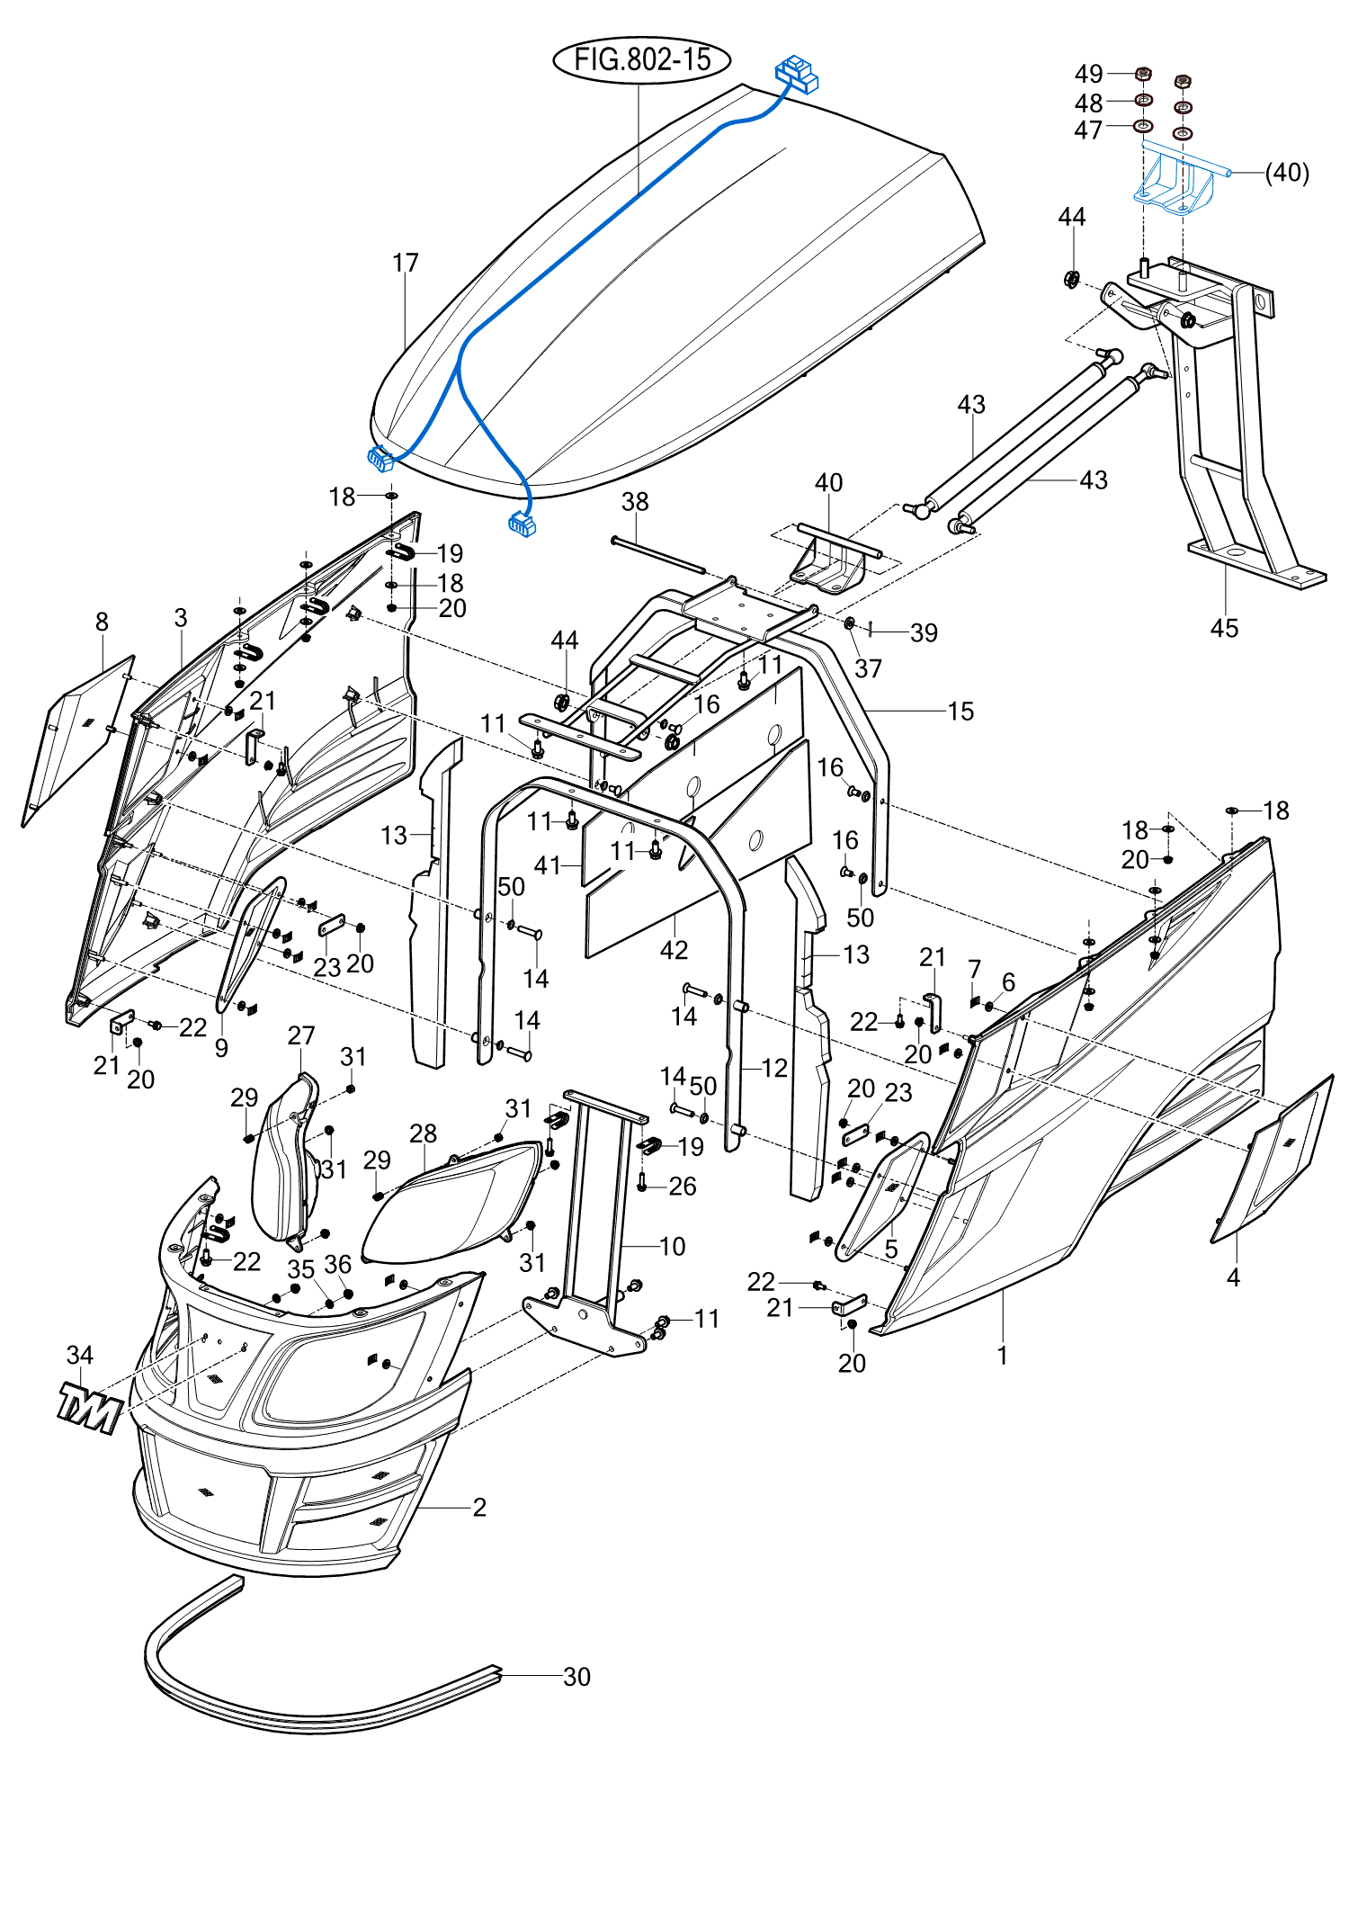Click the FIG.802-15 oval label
tap(641, 60)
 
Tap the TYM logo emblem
tap(89, 1408)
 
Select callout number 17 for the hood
tap(406, 263)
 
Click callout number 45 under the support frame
tap(1224, 628)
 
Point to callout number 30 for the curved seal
tap(576, 1677)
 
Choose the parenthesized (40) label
tap(1287, 173)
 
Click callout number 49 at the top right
tap(1088, 74)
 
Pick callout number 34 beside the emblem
tap(80, 1355)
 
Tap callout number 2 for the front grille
tap(479, 1507)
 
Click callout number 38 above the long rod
tap(635, 502)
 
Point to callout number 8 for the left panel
tap(102, 622)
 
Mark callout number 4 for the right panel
tap(1233, 1277)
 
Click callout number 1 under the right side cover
tap(1002, 1355)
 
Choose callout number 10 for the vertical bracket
tap(673, 1246)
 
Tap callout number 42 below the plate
tap(674, 950)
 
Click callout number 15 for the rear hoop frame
tap(960, 712)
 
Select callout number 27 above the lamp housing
tap(301, 1035)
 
